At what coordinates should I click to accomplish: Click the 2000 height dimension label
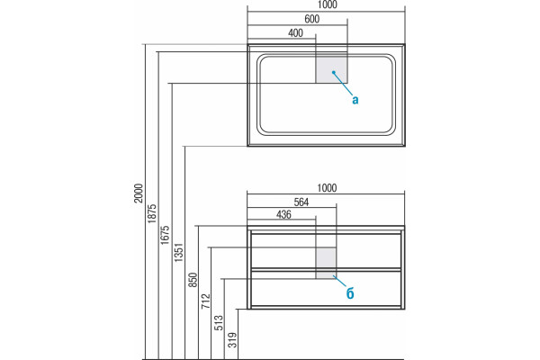pos(139,193)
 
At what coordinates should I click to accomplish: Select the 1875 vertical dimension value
pos(152,213)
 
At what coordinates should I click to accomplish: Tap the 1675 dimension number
pos(165,235)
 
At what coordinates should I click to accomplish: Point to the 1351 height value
pos(178,253)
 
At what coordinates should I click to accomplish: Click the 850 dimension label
pos(193,280)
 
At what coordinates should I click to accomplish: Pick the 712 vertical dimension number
pos(205,301)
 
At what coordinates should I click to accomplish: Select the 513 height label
pos(219,323)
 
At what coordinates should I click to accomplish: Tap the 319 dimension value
pos(233,339)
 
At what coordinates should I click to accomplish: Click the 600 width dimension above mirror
pos(312,19)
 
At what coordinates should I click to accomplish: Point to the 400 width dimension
pos(295,33)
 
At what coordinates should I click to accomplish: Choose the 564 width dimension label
pos(301,202)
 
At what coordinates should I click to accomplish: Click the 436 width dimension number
pos(283,214)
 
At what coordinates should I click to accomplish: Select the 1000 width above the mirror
pos(328,4)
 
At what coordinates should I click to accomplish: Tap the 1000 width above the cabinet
pos(327,188)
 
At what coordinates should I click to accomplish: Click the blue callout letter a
pos(355,100)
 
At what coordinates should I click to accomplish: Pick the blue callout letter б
pos(350,293)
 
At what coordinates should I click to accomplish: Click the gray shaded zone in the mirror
pos(331,67)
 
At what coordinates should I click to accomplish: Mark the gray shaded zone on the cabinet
pos(326,263)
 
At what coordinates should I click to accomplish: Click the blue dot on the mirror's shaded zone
pos(333,72)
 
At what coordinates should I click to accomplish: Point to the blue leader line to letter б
pos(339,281)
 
